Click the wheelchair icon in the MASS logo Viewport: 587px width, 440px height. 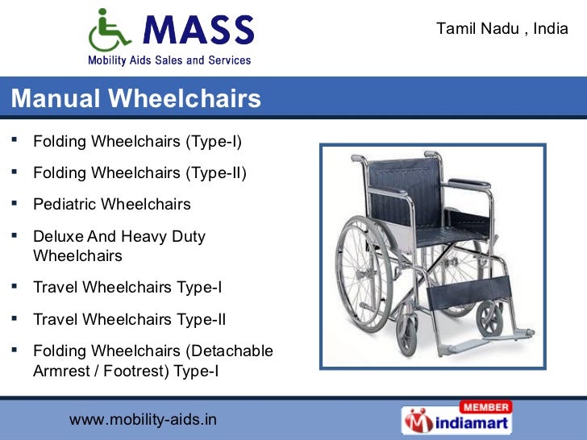(108, 31)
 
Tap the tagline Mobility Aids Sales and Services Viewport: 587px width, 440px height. (169, 60)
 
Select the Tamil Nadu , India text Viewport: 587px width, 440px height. (502, 29)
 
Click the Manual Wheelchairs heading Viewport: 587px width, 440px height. (136, 99)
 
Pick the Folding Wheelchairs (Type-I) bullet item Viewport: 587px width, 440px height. (137, 142)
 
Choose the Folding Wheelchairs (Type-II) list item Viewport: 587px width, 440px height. (139, 173)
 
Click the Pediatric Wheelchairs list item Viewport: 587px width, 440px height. (112, 205)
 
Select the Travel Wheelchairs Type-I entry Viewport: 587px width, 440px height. (127, 287)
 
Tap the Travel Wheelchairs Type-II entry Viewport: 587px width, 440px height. (130, 319)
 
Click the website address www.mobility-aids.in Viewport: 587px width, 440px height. (143, 420)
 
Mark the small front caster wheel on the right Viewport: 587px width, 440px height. (489, 320)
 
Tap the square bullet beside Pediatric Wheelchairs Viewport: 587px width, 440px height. (15, 203)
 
